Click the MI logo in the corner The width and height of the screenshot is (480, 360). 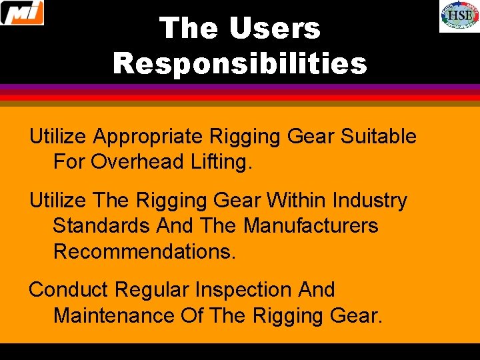tap(22, 13)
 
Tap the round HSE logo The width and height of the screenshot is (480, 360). tap(459, 17)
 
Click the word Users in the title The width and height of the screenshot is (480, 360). tap(275, 29)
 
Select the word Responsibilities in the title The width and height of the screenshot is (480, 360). tap(240, 64)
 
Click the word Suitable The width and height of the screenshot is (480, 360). tap(378, 137)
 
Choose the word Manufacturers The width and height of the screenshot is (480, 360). tap(310, 225)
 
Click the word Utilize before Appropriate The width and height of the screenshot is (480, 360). tap(58, 137)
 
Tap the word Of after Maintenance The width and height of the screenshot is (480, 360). tap(192, 315)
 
